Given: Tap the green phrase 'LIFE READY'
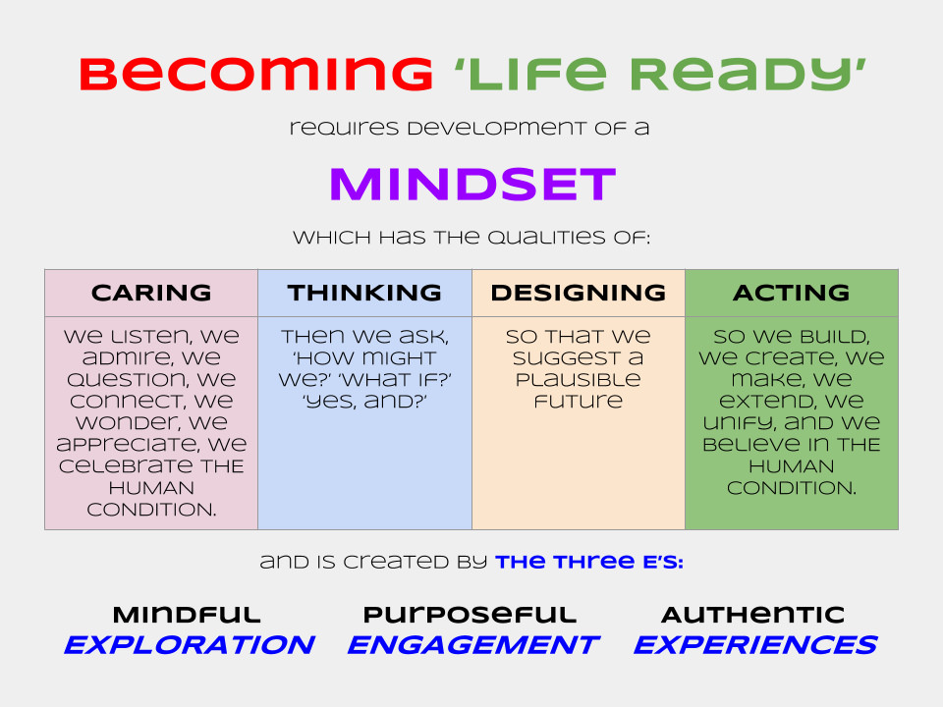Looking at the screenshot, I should pyautogui.click(x=662, y=75).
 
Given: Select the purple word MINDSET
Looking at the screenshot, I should pyautogui.click(x=471, y=185).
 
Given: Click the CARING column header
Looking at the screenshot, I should pyautogui.click(x=151, y=293).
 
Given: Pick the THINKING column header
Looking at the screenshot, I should pyautogui.click(x=364, y=293).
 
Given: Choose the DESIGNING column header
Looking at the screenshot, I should pyautogui.click(x=578, y=293).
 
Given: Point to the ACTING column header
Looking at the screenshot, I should pyautogui.click(x=791, y=293).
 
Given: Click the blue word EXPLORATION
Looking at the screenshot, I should pyautogui.click(x=190, y=645).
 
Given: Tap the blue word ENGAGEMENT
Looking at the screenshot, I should pyautogui.click(x=472, y=645).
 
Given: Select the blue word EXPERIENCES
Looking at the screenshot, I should pyautogui.click(x=754, y=645).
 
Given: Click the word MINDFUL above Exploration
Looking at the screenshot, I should pyautogui.click(x=187, y=616).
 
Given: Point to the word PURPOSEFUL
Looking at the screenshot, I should pyautogui.click(x=470, y=616).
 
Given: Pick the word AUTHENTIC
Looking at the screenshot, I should pyautogui.click(x=752, y=616).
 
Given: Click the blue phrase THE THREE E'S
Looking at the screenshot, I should pyautogui.click(x=589, y=562).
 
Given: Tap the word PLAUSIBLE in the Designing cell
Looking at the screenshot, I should pyautogui.click(x=578, y=379).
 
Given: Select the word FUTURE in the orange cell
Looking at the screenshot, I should pyautogui.click(x=578, y=401).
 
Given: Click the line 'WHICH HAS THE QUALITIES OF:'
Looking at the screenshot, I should pyautogui.click(x=471, y=239).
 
